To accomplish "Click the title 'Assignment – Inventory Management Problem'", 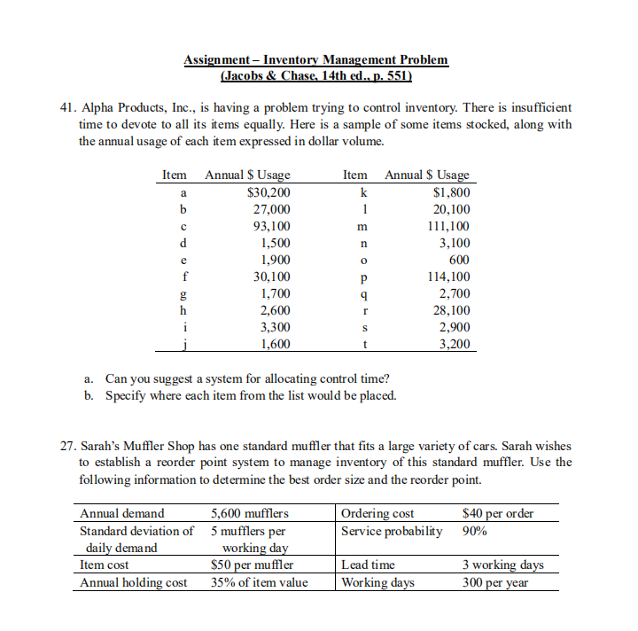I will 315,59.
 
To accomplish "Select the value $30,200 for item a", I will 268,192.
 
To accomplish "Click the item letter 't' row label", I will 365,344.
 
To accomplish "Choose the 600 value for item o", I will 459,260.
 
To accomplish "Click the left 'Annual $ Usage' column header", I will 247,175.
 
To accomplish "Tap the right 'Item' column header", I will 355,175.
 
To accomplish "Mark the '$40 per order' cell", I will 498,513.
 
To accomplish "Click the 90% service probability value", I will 475,531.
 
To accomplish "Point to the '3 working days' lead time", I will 503,565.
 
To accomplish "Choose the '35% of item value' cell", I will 259,582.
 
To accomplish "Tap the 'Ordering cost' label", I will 377,513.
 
